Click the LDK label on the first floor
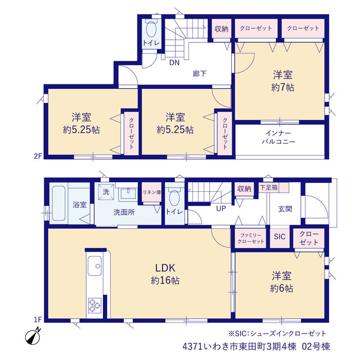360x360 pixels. pos(165,268)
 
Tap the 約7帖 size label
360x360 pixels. pos(282,88)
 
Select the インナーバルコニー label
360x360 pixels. pos(278,137)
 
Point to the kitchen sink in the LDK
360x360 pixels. pos(94,265)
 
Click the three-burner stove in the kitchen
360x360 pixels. pos(94,305)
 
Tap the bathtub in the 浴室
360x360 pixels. pos(58,203)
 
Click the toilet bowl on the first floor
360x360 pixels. pos(174,198)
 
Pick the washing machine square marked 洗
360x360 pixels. pos(106,191)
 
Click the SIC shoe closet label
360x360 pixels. pos(280,236)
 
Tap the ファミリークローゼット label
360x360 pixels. pos(251,238)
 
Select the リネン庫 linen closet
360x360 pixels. pos(152,192)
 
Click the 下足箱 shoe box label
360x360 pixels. pos(269,187)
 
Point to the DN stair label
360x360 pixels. pos(174,62)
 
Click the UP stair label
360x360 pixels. pos(221,209)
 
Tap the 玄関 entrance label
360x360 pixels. pos(285,209)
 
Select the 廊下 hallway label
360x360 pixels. pos(199,74)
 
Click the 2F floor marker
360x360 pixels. pos(38,156)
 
